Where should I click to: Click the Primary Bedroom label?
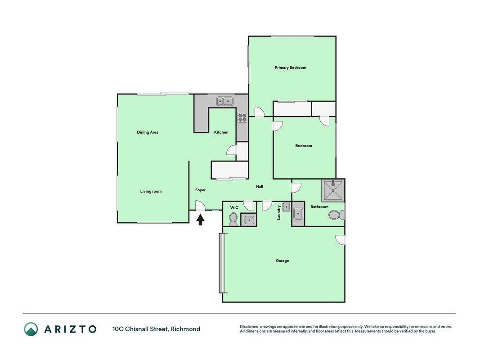(290, 67)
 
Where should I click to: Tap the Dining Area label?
(148, 132)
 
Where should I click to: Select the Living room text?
(151, 191)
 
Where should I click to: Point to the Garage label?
(282, 261)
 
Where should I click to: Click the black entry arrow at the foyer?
(200, 220)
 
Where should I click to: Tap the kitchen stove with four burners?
(242, 117)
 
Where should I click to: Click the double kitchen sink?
(224, 101)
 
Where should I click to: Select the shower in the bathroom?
(333, 190)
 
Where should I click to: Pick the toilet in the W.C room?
(233, 219)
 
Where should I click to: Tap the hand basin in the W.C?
(249, 220)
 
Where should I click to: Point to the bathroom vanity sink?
(298, 214)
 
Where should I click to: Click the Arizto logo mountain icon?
(31, 329)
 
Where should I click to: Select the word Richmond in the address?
(185, 329)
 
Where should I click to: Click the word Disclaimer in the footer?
(249, 327)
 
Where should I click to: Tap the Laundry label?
(279, 212)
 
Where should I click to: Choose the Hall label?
(260, 186)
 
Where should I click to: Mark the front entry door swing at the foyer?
(200, 205)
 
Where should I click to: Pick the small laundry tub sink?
(286, 207)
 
